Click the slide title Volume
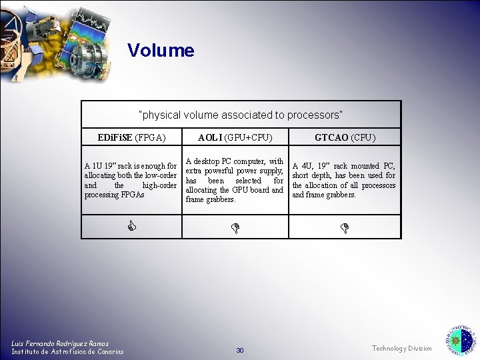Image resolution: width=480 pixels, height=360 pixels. tap(161, 51)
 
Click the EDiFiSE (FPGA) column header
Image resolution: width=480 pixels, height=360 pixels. tap(131, 138)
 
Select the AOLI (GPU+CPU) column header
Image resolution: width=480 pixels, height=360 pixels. tap(235, 138)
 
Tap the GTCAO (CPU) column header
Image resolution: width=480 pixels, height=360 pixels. tap(345, 138)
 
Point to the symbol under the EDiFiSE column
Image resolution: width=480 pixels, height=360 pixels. tap(132, 227)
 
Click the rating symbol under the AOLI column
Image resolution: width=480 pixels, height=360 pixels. tap(235, 228)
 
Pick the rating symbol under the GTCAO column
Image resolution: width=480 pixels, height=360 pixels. tap(345, 228)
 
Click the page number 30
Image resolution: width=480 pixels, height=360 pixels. tap(240, 350)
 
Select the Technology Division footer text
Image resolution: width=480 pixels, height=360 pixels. tap(401, 348)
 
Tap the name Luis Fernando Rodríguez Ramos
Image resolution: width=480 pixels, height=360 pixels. tap(60, 343)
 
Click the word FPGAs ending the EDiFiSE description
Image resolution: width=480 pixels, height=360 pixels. tap(131, 195)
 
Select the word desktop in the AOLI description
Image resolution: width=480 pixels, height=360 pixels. tap(207, 161)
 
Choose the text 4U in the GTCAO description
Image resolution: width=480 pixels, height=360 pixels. tap(307, 166)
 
